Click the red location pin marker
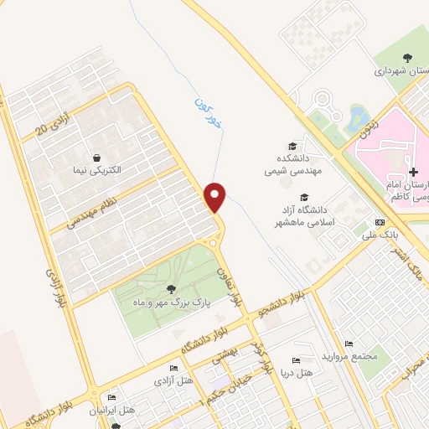tap(216, 196)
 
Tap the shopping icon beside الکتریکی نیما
tap(98, 157)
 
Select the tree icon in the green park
tap(171, 290)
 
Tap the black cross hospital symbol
tap(414, 171)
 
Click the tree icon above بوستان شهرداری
tap(408, 57)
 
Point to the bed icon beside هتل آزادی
tap(173, 369)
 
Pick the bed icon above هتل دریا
tap(294, 359)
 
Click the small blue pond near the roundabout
tap(357, 114)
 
